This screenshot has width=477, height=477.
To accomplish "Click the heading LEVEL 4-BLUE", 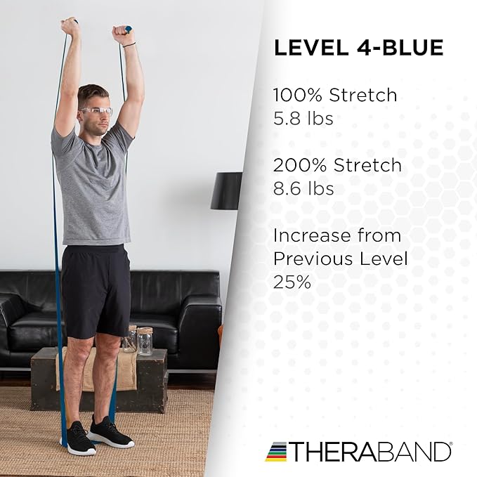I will tap(358, 48).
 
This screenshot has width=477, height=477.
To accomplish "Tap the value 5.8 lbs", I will tap(303, 118).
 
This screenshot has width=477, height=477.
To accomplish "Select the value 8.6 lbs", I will tap(303, 189).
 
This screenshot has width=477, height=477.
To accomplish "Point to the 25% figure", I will tap(292, 282).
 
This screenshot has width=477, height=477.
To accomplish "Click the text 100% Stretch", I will tap(334, 95).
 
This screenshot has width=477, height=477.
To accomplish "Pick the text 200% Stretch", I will tap(337, 166).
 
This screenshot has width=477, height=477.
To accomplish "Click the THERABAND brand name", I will tap(371, 451).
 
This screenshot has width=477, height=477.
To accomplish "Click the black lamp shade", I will tap(226, 190).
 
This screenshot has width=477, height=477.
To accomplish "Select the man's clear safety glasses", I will tap(97, 111).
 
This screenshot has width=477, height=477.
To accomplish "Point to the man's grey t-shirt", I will tap(93, 190).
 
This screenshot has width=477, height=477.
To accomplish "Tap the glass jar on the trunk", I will tap(145, 341).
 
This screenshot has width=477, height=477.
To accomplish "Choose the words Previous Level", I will tap(340, 259).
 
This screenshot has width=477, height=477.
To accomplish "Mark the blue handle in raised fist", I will tap(128, 30).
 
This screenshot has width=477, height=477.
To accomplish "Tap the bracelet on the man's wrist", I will tap(129, 44).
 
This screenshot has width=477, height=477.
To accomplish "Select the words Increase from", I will tap(336, 235).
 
